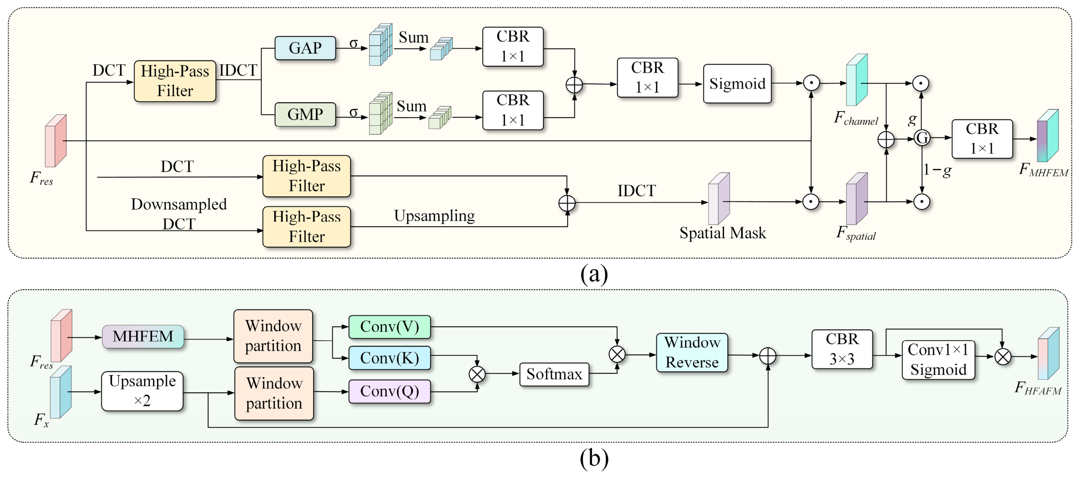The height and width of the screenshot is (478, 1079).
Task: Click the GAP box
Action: pos(305,48)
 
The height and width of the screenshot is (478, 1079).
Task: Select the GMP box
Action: pos(305,114)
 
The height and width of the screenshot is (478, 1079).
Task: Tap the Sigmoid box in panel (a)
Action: pos(737,84)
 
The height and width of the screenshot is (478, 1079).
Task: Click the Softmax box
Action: pos(554,374)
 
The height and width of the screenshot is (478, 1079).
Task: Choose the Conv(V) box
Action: pos(390,327)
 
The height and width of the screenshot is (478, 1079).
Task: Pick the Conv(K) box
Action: pos(390,358)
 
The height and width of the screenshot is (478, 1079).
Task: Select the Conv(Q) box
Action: pos(390,391)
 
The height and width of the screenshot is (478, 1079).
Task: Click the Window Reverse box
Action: pos(692,352)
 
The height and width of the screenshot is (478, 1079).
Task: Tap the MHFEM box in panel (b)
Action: pos(143,336)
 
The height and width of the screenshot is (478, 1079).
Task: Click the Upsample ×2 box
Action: pos(142,391)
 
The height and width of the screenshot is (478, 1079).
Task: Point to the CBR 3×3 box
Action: pos(842,349)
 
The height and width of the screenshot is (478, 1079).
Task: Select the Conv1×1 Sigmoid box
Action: pos(938,360)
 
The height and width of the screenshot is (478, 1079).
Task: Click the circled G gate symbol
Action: pos(922,138)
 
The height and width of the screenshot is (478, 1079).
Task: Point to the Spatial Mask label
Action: pos(723,233)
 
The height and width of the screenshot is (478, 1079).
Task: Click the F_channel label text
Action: pos(856,118)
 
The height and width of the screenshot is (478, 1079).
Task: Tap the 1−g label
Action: pos(937,170)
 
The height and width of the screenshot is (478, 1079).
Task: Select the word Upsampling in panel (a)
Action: pos(435,216)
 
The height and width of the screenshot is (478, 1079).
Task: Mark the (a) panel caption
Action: pos(594,274)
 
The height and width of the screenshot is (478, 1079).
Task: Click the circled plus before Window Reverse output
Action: pos(768,356)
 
